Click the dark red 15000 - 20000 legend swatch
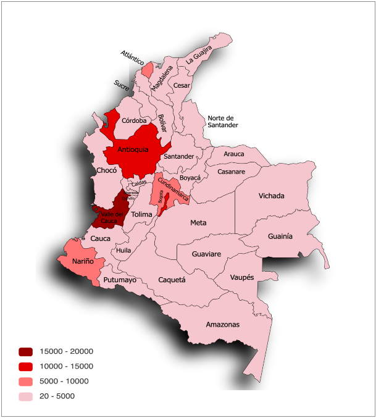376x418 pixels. click(25, 352)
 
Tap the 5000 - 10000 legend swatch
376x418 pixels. click(25, 382)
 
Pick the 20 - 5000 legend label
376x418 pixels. click(57, 396)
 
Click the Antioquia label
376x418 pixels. click(133, 149)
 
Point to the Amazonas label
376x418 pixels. click(223, 324)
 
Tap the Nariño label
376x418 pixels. click(83, 262)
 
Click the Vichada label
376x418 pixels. click(272, 196)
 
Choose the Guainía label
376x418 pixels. click(280, 236)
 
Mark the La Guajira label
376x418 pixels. click(199, 54)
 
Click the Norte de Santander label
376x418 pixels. click(222, 121)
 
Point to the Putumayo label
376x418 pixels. click(120, 280)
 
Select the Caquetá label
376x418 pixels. click(172, 280)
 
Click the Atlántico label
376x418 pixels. click(132, 59)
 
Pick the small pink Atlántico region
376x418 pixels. click(147, 69)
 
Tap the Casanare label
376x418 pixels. click(232, 171)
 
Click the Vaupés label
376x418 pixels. click(241, 278)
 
